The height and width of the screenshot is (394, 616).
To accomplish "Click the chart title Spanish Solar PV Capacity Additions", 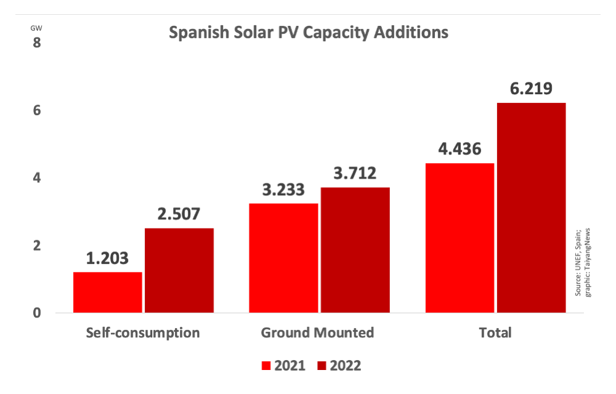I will [x=309, y=32].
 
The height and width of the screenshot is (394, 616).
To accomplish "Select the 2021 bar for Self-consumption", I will [x=108, y=292].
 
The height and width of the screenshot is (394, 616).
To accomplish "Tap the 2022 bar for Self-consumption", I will [x=179, y=270].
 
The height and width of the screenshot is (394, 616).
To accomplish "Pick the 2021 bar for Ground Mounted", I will [x=284, y=258].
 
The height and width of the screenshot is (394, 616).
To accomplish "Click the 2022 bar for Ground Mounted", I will [x=355, y=250].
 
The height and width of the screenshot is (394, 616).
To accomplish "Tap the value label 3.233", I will [x=284, y=190].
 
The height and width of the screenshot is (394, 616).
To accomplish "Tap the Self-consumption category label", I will [x=143, y=333].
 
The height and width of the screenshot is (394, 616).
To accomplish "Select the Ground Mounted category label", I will [x=318, y=333].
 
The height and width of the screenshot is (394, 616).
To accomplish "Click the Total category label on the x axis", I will [x=495, y=333].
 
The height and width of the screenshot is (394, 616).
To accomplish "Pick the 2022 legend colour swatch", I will [x=323, y=366].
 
